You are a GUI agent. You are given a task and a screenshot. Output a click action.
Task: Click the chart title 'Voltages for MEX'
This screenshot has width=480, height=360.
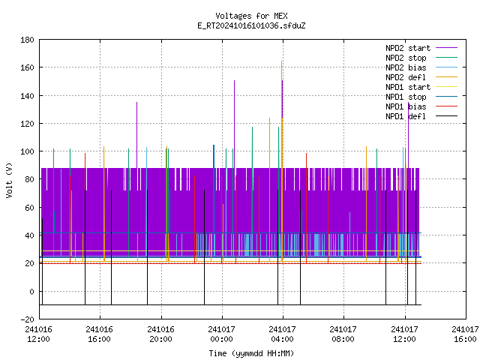pyautogui.click(x=251, y=16)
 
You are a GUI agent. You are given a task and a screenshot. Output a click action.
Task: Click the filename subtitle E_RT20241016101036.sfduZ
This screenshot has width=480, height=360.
pyautogui.click(x=251, y=25)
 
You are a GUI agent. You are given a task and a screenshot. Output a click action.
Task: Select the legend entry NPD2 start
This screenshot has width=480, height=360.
pyautogui.click(x=421, y=48)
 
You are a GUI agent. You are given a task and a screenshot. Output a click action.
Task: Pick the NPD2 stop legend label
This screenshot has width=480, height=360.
pyautogui.click(x=421, y=58)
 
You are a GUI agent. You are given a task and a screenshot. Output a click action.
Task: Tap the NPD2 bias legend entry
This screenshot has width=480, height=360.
pyautogui.click(x=421, y=67)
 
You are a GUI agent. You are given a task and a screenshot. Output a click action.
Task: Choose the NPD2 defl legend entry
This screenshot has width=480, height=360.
pyautogui.click(x=421, y=77)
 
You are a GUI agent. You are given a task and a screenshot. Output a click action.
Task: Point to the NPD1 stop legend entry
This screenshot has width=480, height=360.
pyautogui.click(x=421, y=97)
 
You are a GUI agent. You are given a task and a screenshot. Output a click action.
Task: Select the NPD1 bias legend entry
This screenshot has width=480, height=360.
pyautogui.click(x=421, y=106)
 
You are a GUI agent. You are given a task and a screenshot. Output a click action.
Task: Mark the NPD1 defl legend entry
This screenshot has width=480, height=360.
pyautogui.click(x=421, y=116)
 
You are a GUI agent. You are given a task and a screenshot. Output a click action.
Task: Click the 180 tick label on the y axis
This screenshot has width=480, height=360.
pyautogui.click(x=27, y=40)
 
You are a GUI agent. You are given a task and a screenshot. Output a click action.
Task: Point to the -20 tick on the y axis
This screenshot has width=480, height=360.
pyautogui.click(x=27, y=319)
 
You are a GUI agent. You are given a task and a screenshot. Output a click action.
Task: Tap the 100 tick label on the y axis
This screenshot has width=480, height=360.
pyautogui.click(x=27, y=151)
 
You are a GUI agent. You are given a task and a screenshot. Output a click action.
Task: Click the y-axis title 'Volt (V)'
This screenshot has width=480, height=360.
pyautogui.click(x=9, y=180)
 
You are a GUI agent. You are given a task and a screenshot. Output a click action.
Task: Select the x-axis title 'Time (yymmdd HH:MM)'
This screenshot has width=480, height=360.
pyautogui.click(x=251, y=353)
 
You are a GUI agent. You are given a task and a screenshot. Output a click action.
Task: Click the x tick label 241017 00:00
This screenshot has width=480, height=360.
pyautogui.click(x=222, y=334)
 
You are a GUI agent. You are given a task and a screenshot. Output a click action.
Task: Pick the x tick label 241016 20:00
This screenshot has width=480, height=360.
pyautogui.click(x=160, y=334)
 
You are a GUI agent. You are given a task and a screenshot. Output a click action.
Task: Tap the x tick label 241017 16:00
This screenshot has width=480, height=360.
pyautogui.click(x=465, y=334)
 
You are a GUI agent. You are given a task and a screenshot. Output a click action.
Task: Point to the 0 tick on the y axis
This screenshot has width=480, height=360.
pyautogui.click(x=31, y=292)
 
